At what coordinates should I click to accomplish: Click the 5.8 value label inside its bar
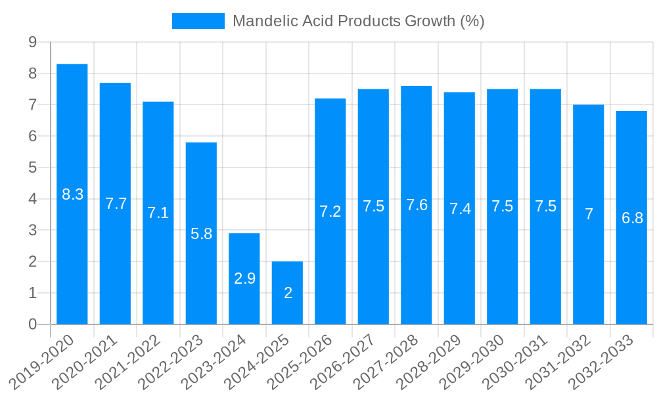pos(201,233)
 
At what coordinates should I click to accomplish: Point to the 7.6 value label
pos(417,205)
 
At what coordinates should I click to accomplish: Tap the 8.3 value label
pos(72,194)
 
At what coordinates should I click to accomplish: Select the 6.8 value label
pos(632,218)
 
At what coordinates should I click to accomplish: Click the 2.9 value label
pos(244,278)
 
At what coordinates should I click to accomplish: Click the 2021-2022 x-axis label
pos(135,361)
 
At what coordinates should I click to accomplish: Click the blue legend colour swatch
pos(198,21)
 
